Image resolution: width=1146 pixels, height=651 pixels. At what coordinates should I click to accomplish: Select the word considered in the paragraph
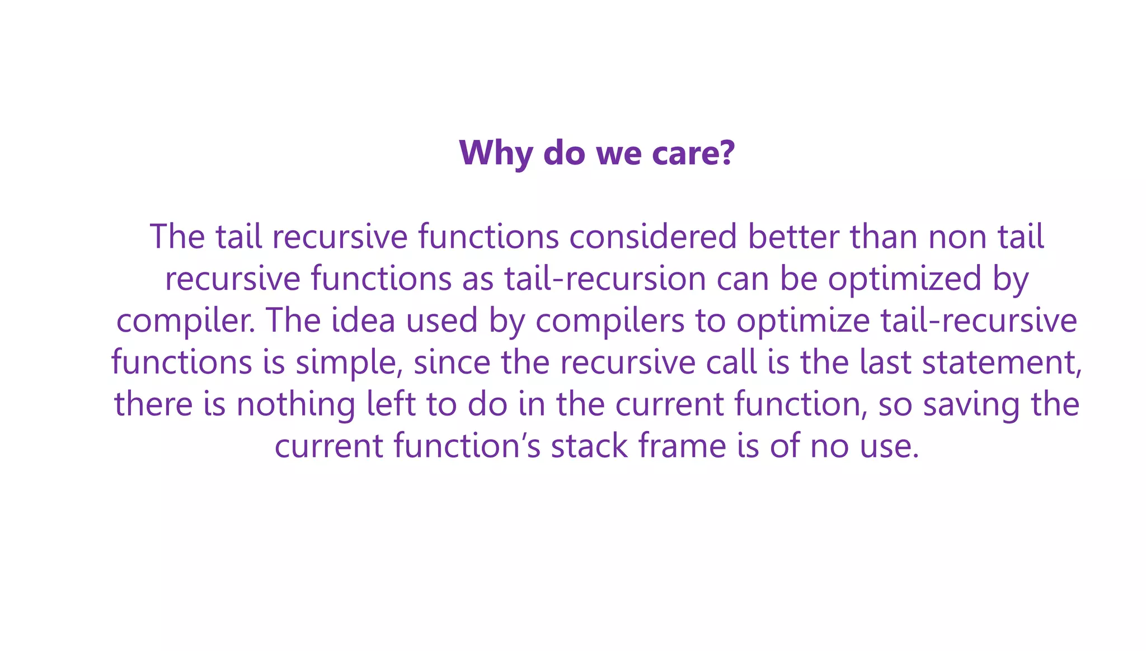click(x=652, y=237)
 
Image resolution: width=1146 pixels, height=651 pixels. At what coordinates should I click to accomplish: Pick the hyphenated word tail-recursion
click(x=605, y=279)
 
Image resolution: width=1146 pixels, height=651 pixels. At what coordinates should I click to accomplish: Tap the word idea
click(x=363, y=320)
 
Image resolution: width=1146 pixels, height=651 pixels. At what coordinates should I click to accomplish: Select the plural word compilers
click(x=610, y=321)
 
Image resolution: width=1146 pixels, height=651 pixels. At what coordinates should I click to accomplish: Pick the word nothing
click(x=295, y=404)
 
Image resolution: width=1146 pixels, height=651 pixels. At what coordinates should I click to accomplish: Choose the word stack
click(x=589, y=446)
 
